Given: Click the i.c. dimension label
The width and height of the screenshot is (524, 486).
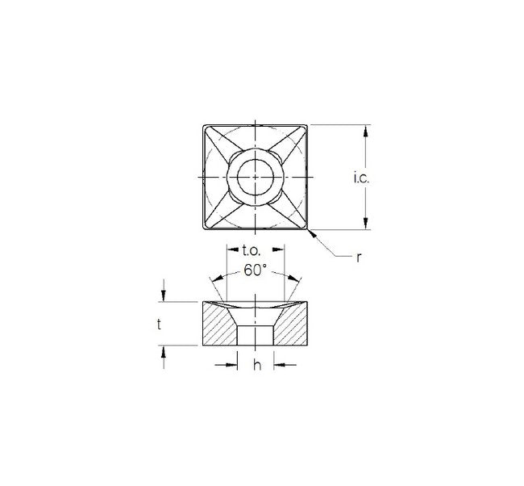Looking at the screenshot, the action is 362,178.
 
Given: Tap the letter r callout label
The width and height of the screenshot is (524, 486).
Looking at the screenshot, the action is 359,258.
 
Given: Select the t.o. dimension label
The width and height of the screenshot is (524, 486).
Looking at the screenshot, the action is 251,250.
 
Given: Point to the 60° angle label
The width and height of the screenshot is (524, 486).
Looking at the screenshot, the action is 256,270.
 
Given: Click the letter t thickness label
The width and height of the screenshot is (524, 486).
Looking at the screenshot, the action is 159,324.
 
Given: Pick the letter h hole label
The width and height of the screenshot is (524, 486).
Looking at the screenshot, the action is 256,365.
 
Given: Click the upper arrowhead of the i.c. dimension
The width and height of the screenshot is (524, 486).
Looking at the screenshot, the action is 366,131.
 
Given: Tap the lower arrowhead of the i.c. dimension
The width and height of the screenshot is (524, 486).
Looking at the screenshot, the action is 366,224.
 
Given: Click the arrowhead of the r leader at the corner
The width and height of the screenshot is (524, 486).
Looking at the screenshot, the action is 311,233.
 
